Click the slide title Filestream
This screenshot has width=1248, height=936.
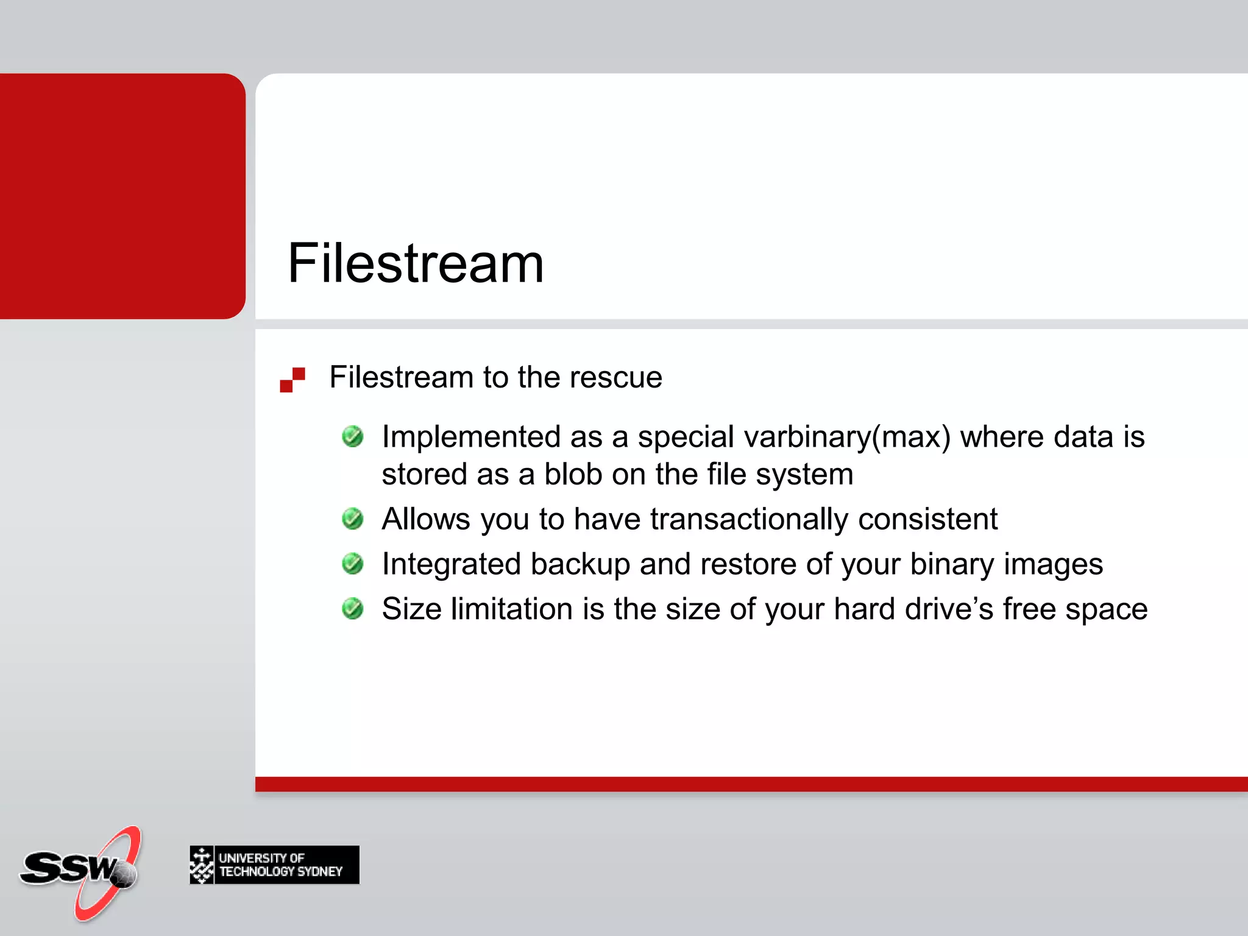416,263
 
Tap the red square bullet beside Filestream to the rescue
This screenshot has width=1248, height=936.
292,380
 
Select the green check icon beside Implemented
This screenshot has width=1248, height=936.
353,436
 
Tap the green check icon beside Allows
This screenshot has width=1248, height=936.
353,519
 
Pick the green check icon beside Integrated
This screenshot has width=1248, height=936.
353,564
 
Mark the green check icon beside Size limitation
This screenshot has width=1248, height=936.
353,608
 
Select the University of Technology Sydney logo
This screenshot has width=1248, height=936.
274,865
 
